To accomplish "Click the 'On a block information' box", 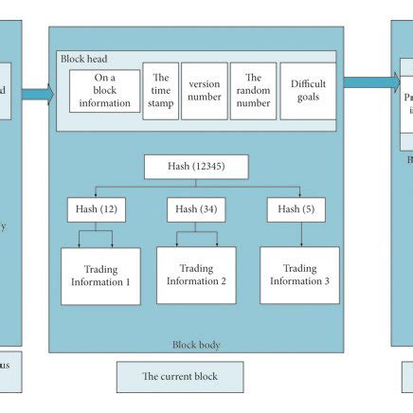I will (104, 91).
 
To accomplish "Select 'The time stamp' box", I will (161, 91).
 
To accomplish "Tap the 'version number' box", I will (204, 91).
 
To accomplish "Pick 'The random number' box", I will (252, 91).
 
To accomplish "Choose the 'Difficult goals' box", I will (308, 91).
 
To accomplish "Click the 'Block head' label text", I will (84, 59).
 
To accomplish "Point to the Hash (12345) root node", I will (197, 168).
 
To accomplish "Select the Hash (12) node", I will (96, 209).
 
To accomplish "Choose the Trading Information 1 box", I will (100, 276).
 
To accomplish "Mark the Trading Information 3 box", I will (299, 275).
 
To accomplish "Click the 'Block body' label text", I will (197, 345).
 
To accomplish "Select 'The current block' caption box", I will (180, 376).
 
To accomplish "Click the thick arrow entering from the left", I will (37, 94).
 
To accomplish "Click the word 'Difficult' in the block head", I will (308, 84).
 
